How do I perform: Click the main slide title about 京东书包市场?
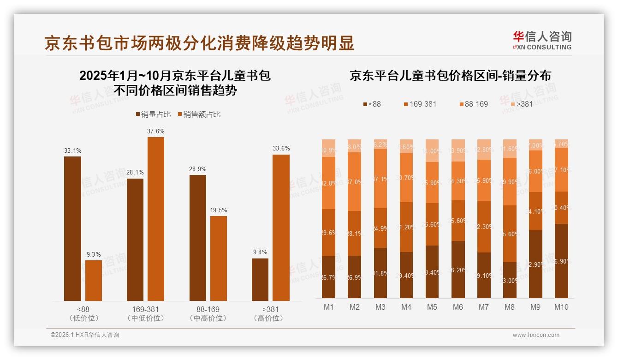pos(199,43)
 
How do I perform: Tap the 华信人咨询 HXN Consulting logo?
pos(542,41)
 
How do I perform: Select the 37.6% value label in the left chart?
pos(156,132)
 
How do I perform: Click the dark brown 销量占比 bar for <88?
pos(72,228)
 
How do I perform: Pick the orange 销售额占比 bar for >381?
pos(281,228)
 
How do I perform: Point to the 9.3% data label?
pos(94,255)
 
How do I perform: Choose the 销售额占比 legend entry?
pos(199,114)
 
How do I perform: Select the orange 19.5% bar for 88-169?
pos(219,258)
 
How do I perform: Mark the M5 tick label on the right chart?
pos(432,307)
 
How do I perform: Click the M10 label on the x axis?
pos(561,307)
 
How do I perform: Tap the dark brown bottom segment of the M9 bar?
pos(535,264)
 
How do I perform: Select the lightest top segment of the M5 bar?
pos(432,150)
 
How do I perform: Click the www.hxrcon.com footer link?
pos(536,335)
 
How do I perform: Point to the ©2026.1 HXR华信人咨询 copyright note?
pos(85,335)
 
